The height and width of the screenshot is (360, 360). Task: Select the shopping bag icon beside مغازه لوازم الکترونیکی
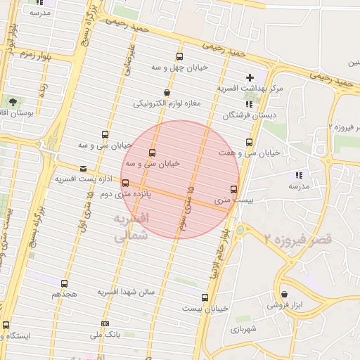pos(166,92)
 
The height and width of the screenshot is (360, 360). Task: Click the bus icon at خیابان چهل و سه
pos(179,58)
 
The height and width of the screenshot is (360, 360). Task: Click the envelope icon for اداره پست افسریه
pos(84,169)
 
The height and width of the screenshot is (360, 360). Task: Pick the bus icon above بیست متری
pos(234,188)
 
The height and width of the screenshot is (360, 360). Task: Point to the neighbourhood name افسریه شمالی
pos(131,228)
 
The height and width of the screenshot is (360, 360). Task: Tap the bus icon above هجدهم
pos(64,283)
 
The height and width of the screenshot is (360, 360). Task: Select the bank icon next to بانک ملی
pos(105,323)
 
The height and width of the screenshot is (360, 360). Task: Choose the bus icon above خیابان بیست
pos(205,297)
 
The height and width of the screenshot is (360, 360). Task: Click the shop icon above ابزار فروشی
pos(284,294)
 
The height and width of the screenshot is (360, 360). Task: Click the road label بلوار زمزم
pos(34,54)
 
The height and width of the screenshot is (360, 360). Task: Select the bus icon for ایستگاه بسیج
pos(6,325)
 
